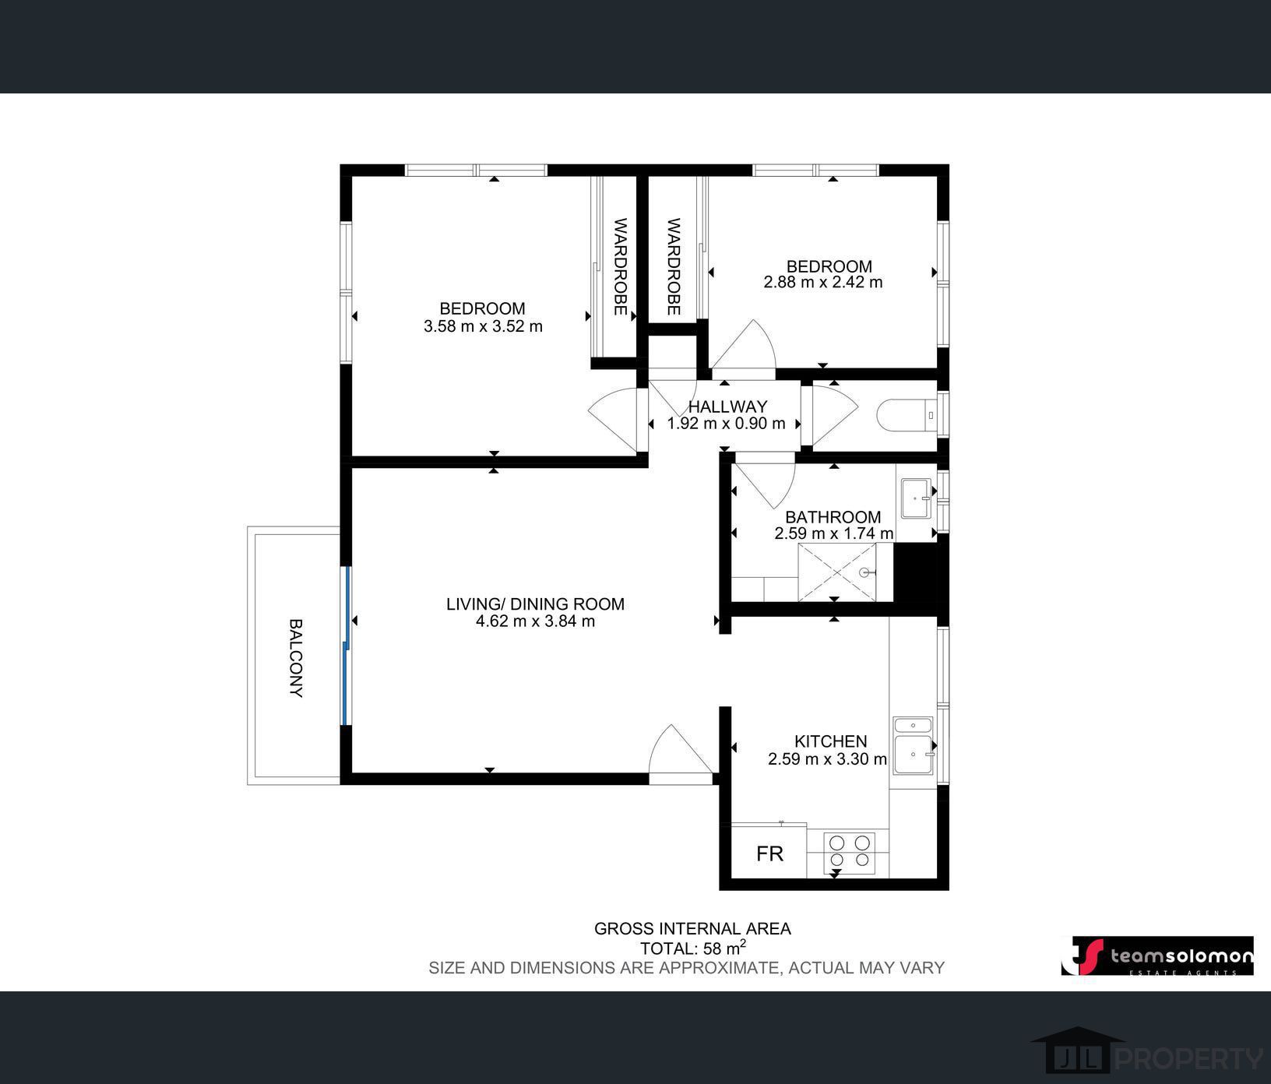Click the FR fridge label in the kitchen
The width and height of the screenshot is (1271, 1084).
[769, 853]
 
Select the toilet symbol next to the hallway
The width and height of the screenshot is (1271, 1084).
[907, 415]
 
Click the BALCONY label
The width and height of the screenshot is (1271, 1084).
[296, 657]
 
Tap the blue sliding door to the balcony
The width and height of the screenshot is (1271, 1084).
[345, 646]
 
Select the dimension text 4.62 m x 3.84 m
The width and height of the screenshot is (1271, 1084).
[535, 621]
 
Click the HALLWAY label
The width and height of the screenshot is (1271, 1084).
[727, 406]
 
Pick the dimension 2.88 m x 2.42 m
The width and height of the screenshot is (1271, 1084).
[823, 282]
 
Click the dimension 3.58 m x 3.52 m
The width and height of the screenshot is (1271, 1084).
[483, 326]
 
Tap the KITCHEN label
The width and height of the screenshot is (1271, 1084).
[830, 741]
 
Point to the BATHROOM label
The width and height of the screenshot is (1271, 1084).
[833, 517]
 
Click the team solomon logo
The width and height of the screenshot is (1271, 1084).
[1157, 956]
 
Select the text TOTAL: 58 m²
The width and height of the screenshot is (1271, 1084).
[692, 948]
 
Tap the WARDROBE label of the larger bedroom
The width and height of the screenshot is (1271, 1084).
[621, 267]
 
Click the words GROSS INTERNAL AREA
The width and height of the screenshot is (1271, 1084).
[692, 928]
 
